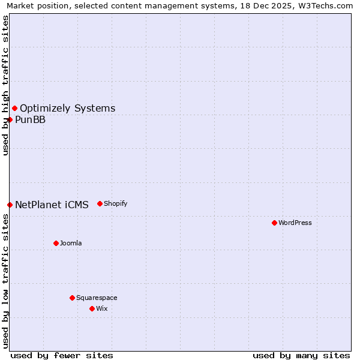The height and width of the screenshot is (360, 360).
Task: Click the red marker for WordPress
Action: click(274, 223)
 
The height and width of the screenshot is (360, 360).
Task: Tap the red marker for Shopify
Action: click(100, 203)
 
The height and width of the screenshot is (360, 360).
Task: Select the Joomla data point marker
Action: click(56, 243)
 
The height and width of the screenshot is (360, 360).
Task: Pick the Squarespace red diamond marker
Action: click(72, 298)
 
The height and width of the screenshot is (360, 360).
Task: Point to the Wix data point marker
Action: click(92, 308)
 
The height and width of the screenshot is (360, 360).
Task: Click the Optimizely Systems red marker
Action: click(14, 108)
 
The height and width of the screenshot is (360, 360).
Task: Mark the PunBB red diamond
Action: click(10, 119)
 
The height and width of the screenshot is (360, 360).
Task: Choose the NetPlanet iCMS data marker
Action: click(10, 205)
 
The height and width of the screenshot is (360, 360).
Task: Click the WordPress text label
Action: click(295, 223)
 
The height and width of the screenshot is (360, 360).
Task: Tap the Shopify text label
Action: click(116, 203)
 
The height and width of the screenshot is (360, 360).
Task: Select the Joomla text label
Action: click(71, 243)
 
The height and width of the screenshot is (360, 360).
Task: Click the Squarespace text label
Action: click(97, 298)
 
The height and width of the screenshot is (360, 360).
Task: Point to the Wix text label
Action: click(102, 308)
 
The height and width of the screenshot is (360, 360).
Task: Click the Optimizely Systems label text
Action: click(67, 108)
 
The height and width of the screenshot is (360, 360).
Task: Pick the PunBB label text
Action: click(30, 119)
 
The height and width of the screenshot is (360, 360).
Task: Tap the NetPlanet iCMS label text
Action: click(52, 205)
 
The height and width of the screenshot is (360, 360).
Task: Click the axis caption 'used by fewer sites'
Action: click(62, 355)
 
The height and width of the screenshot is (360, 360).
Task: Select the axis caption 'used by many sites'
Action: click(301, 355)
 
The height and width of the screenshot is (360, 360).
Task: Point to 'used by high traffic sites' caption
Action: click(6, 85)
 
